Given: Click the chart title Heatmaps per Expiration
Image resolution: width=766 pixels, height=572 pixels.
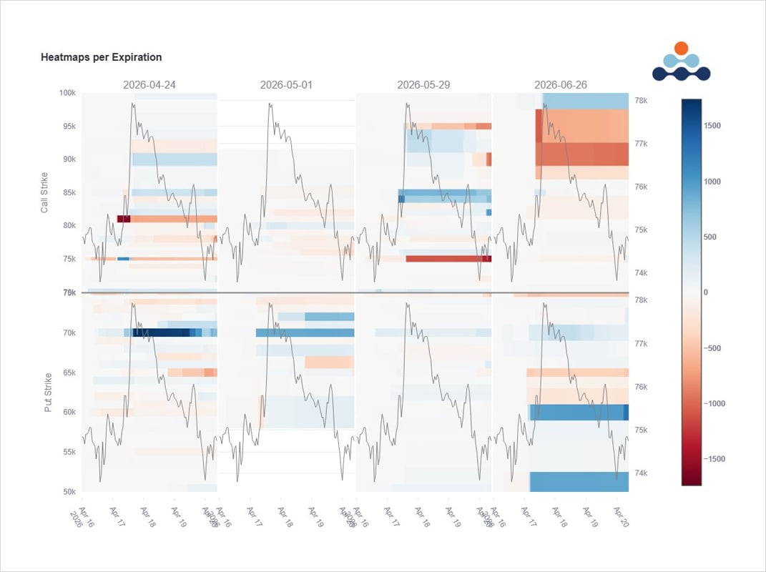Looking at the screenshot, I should pyautogui.click(x=101, y=57).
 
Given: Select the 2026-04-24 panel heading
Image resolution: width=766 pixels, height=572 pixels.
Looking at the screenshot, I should pyautogui.click(x=149, y=84).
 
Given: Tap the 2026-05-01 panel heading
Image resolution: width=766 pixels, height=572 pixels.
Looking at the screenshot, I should pyautogui.click(x=286, y=84).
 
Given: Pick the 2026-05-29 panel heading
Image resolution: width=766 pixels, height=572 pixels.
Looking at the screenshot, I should pyautogui.click(x=423, y=84).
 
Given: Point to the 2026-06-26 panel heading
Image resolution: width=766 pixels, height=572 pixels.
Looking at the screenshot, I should pyautogui.click(x=561, y=84).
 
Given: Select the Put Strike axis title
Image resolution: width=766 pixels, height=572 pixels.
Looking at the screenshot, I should pyautogui.click(x=49, y=392).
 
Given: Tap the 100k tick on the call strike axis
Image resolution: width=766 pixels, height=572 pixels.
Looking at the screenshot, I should pyautogui.click(x=67, y=93).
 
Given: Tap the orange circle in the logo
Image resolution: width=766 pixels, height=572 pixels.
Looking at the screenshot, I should pyautogui.click(x=681, y=48).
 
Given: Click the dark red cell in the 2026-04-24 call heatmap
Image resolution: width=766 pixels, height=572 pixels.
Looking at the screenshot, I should pyautogui.click(x=124, y=219).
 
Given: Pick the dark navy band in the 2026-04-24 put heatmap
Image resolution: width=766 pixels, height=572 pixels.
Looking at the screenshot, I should pyautogui.click(x=161, y=332).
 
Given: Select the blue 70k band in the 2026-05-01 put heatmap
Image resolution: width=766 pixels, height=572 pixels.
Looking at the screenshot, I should pyautogui.click(x=305, y=332).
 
